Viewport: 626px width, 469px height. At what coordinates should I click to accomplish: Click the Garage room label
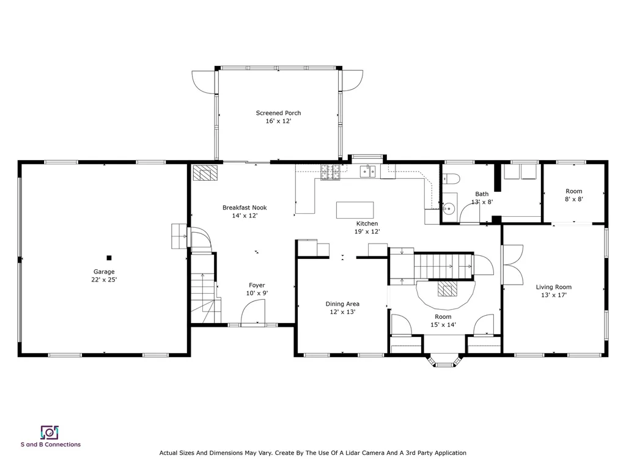pos(104,275)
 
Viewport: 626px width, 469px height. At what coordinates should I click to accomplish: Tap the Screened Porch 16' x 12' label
pos(278,117)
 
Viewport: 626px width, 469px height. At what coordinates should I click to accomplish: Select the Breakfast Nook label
pos(245,211)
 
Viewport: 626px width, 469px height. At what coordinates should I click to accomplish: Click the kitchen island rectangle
pos(355,210)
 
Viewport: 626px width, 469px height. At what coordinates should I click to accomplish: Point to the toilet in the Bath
pos(452,178)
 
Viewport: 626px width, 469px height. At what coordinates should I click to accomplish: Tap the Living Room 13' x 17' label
pos(553,291)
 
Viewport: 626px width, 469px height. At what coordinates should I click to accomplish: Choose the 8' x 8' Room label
pos(573,195)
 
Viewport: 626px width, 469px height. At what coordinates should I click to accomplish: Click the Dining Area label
pos(342,307)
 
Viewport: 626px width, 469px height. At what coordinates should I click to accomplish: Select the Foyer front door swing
pos(252,315)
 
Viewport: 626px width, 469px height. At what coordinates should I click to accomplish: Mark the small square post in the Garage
pos(109,258)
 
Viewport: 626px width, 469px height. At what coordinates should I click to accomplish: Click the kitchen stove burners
pos(330,173)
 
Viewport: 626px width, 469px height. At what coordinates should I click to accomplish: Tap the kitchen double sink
pos(368,172)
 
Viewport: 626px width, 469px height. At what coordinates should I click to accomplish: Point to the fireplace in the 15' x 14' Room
pos(446,288)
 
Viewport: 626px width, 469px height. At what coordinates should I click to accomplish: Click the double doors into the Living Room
pos(512,264)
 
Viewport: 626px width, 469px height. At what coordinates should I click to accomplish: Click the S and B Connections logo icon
pos(50,432)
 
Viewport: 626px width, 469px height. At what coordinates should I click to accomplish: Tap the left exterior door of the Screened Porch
pos(203,81)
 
